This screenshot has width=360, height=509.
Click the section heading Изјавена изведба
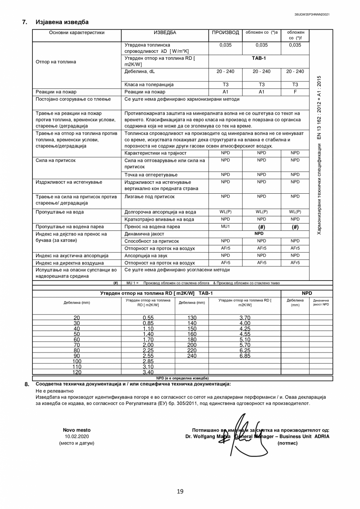tap(62, 22)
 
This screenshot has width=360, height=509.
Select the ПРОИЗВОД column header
tap(225, 32)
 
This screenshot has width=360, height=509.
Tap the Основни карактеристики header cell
tap(77, 32)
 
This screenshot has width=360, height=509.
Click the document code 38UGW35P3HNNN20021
tap(312, 14)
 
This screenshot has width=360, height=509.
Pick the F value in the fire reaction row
tap(295, 92)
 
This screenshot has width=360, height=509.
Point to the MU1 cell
tap(225, 227)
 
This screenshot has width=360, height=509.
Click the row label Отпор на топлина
tap(56, 62)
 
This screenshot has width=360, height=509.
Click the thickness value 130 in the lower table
tap(192, 318)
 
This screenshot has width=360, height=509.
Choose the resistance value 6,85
tap(245, 356)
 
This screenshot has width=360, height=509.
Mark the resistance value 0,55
tap(148, 318)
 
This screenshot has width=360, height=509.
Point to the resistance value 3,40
tap(148, 372)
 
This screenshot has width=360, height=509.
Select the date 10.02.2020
tap(77, 436)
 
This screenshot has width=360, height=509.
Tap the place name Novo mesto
tap(77, 430)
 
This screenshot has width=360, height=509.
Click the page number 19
tap(180, 491)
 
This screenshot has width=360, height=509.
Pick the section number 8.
tap(27, 384)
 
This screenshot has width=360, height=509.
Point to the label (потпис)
tap(287, 443)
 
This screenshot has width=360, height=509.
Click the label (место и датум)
tap(77, 443)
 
